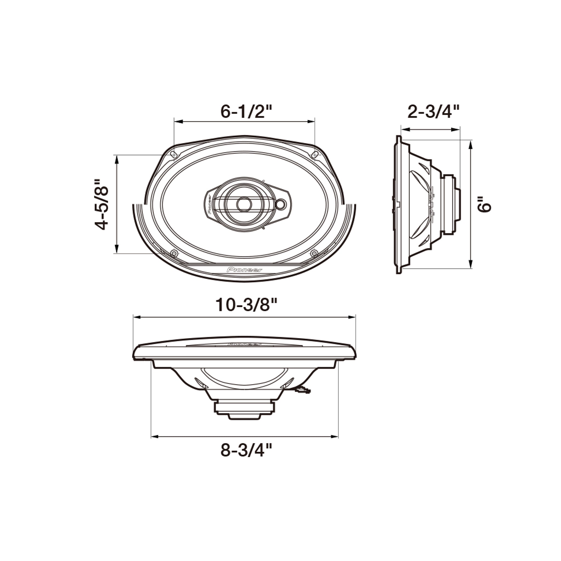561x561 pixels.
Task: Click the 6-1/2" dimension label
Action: [x=246, y=111]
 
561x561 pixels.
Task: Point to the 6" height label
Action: [x=485, y=204]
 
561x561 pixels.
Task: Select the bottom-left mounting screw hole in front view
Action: [x=174, y=253]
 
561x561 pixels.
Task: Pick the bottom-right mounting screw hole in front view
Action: [x=314, y=253]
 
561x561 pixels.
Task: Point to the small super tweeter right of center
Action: [x=280, y=204]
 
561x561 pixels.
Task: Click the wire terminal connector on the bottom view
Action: [x=303, y=390]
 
